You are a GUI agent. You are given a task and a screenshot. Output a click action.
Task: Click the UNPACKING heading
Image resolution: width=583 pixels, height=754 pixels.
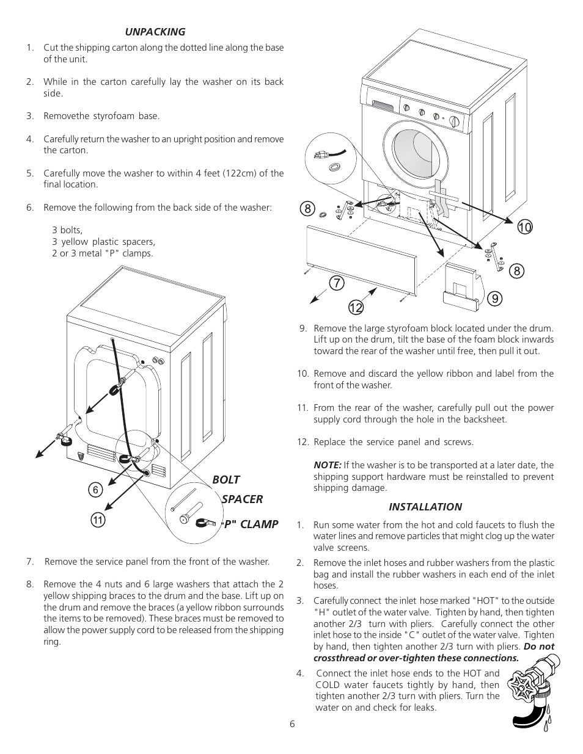pyautogui.click(x=155, y=32)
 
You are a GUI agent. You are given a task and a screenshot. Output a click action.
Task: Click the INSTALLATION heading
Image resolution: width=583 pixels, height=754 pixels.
pyautogui.click(x=425, y=507)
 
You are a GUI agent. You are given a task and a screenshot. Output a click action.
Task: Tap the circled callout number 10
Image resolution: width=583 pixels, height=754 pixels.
pyautogui.click(x=524, y=228)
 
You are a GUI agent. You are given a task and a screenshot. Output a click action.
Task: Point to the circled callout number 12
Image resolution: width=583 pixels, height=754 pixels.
pyautogui.click(x=357, y=307)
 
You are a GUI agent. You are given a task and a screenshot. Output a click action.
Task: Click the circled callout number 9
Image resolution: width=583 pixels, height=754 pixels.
pyautogui.click(x=494, y=298)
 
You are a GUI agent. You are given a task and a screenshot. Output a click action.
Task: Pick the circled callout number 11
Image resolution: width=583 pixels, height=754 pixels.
pyautogui.click(x=97, y=520)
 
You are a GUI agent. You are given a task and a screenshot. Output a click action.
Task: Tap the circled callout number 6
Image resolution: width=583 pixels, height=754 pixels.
pyautogui.click(x=95, y=490)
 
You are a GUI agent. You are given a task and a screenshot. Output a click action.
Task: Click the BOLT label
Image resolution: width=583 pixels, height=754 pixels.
pyautogui.click(x=226, y=480)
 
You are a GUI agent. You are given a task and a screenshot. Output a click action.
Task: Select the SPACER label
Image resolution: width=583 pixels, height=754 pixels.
pyautogui.click(x=242, y=499)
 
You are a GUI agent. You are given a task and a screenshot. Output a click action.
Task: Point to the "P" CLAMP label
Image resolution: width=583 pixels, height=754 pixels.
pyautogui.click(x=249, y=524)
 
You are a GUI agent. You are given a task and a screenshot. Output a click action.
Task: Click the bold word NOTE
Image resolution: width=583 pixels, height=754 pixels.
pyautogui.click(x=327, y=465)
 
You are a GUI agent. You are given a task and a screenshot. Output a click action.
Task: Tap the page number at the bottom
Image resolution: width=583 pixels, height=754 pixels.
pyautogui.click(x=292, y=724)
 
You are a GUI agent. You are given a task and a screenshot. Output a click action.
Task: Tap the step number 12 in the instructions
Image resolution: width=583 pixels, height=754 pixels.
pyautogui.click(x=303, y=442)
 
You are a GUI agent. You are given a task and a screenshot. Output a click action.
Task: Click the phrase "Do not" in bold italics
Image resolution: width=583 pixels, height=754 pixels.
pyautogui.click(x=539, y=647)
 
